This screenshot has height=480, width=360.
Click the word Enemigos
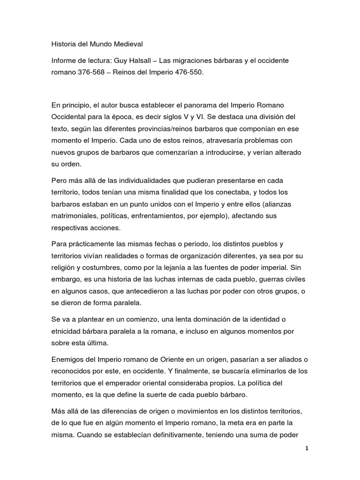(68, 359)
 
